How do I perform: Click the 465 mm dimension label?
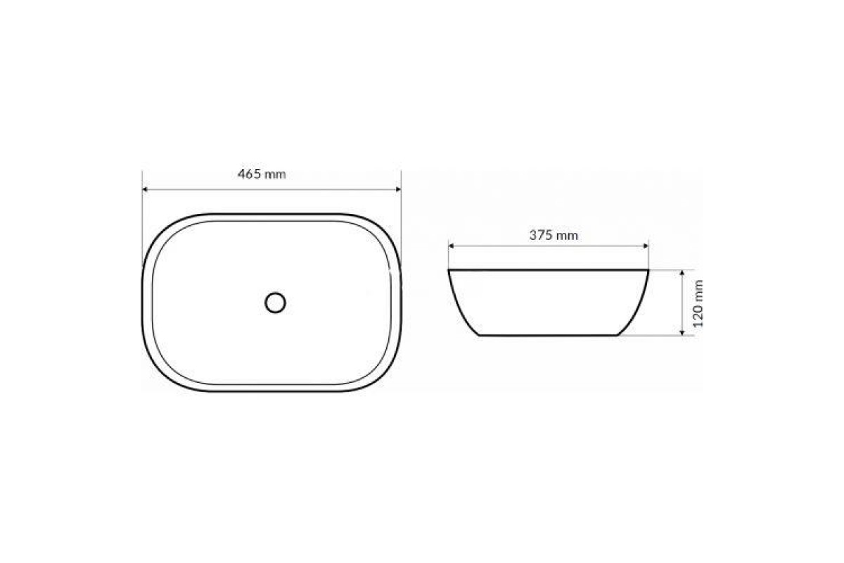pos(262,174)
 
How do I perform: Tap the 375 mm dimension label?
pos(554,235)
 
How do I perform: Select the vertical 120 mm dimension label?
pos(698,303)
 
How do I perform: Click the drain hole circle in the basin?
pos(276,303)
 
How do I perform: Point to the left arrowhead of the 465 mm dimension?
pos(144,189)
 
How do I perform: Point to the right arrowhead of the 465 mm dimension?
pos(399,189)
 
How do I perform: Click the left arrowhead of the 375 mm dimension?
pos(451,246)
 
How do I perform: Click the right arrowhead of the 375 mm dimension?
pos(646,246)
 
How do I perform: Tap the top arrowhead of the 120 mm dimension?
pos(682,272)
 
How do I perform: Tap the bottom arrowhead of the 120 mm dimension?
pos(682,333)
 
